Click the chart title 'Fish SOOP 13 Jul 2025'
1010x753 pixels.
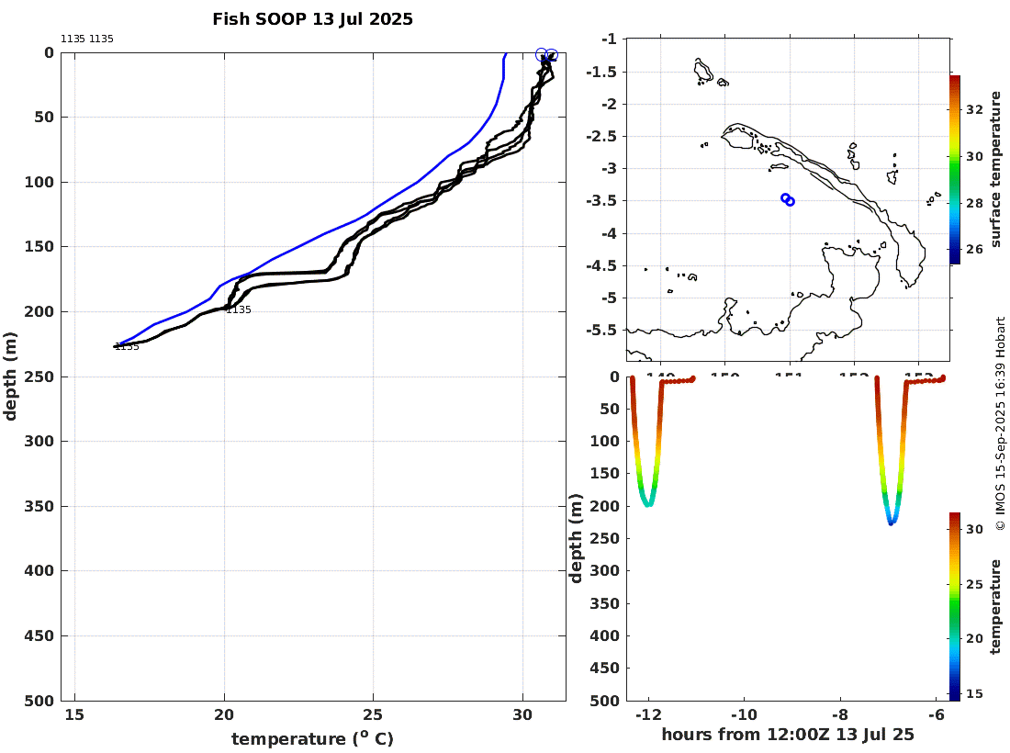point(312,19)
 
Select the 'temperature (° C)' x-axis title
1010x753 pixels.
point(312,738)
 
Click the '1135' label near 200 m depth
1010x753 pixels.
point(239,310)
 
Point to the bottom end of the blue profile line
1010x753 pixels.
point(120,344)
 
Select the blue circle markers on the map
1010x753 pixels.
point(788,199)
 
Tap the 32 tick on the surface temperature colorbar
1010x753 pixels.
point(975,109)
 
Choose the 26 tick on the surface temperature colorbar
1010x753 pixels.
point(975,248)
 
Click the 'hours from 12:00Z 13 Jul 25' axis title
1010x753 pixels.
point(788,735)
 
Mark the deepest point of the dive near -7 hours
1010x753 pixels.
point(891,522)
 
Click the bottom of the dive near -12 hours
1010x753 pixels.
point(648,504)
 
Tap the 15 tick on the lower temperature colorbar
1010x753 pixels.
point(975,693)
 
